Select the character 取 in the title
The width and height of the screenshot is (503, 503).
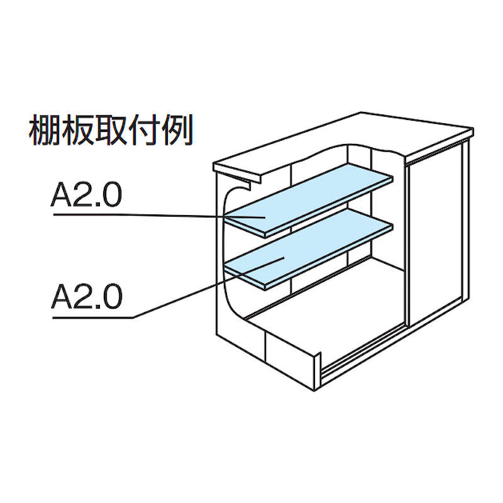tap(115, 130)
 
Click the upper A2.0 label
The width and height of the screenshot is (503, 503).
tap(86, 196)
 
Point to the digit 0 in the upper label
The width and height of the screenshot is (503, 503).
tap(110, 196)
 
